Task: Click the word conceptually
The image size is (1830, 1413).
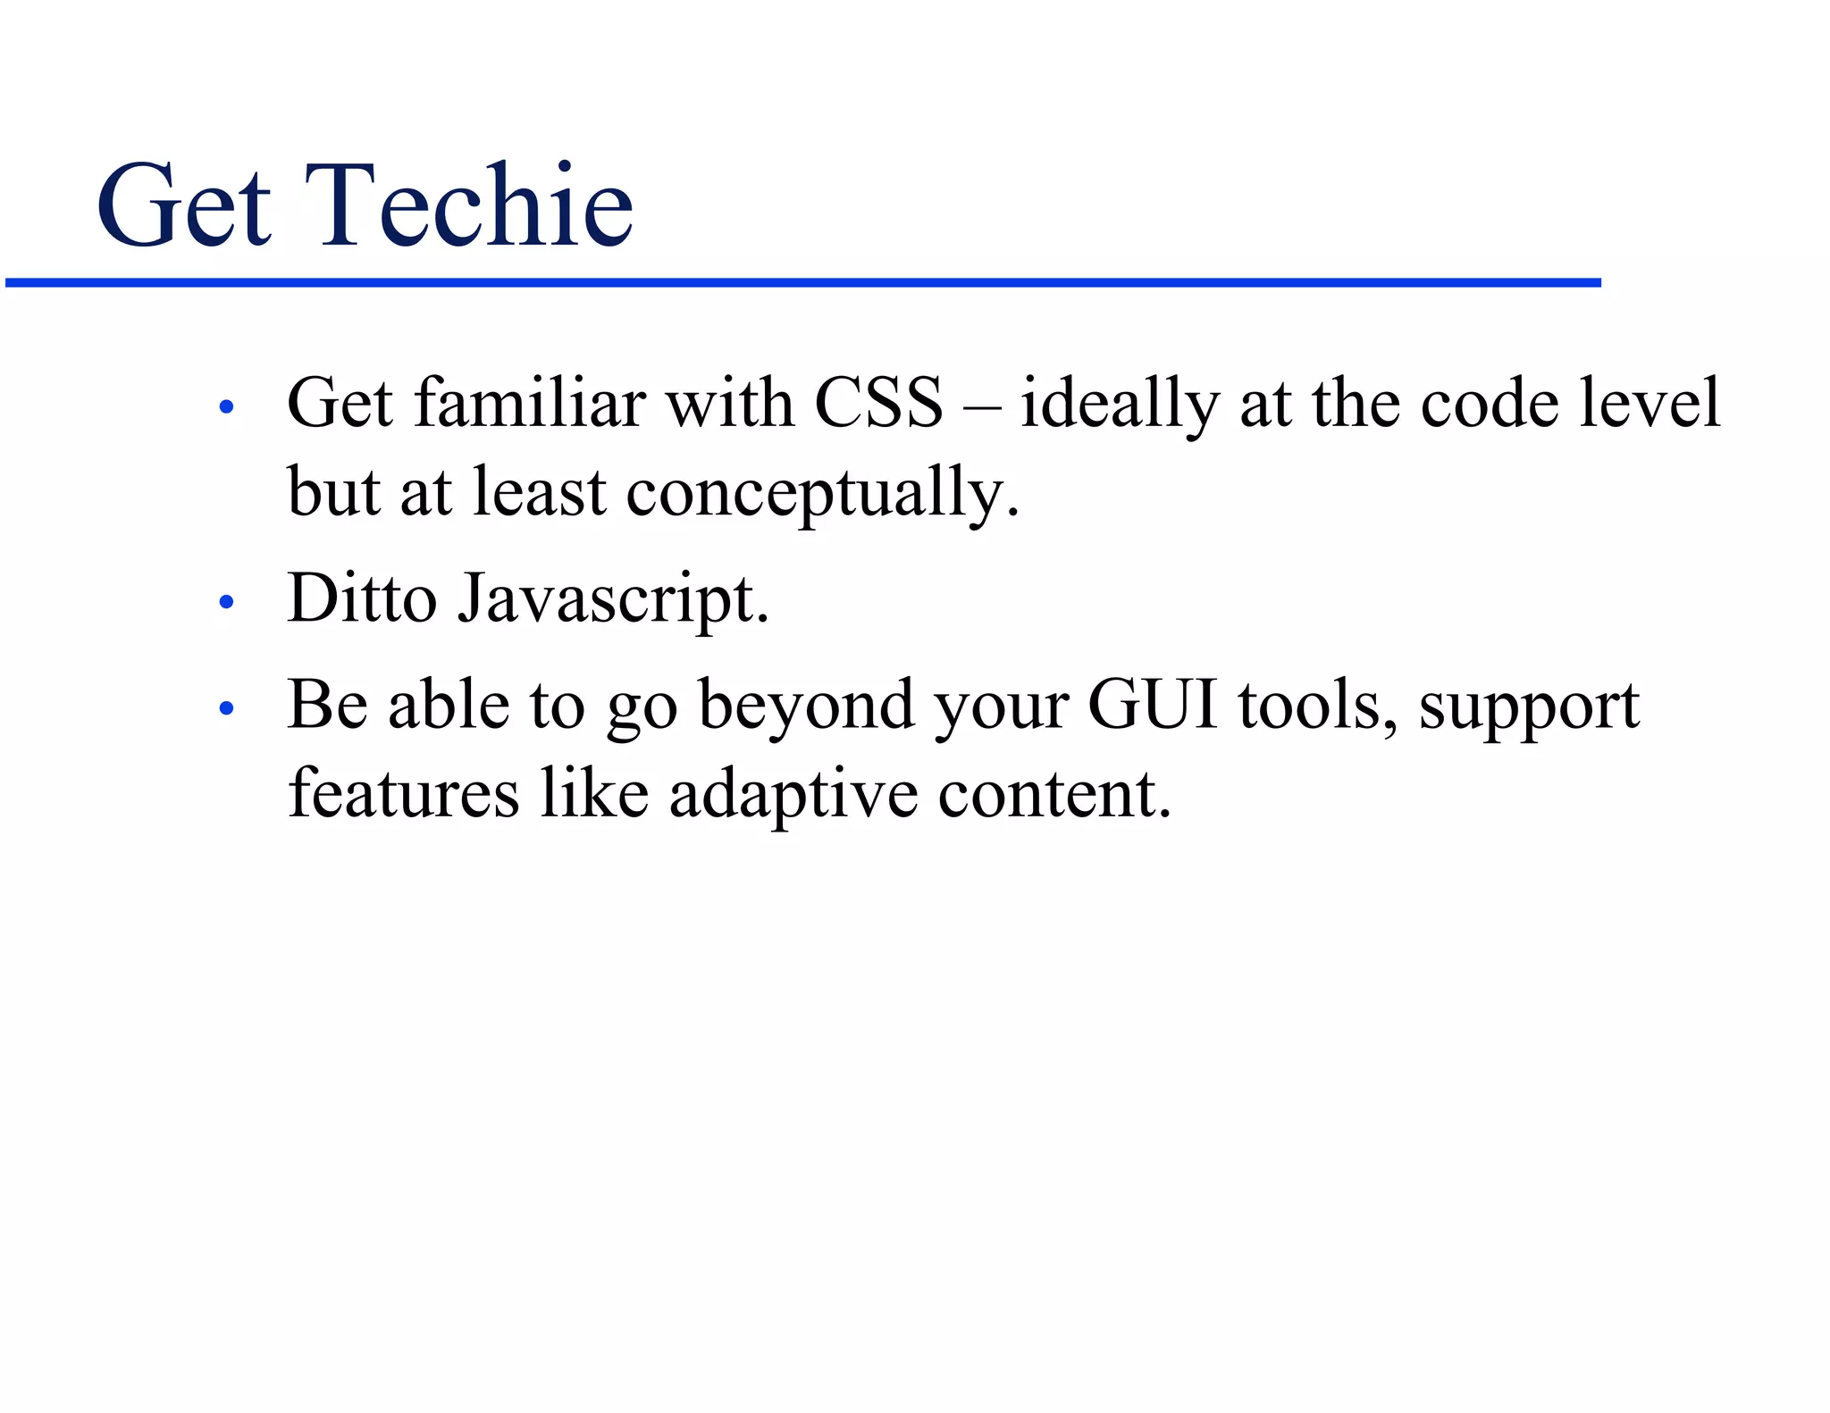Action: pyautogui.click(x=821, y=494)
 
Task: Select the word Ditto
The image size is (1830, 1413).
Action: pyautogui.click(x=362, y=598)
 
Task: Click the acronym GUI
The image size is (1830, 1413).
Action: pyautogui.click(x=1153, y=705)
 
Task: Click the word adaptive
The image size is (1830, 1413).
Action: pyautogui.click(x=793, y=795)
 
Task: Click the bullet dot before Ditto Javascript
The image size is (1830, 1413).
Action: pyautogui.click(x=226, y=603)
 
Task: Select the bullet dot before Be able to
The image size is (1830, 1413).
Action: pyautogui.click(x=226, y=709)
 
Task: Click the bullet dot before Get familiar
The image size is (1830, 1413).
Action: pyautogui.click(x=226, y=408)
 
